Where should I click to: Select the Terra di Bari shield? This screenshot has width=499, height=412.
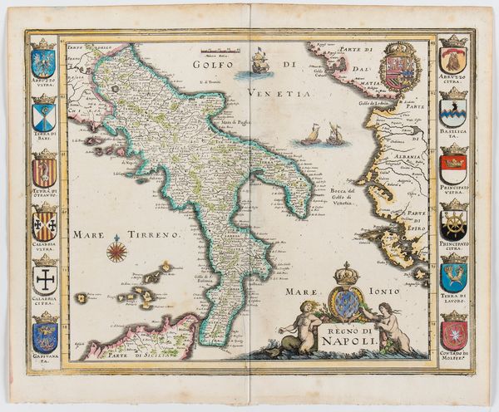[x=44, y=115]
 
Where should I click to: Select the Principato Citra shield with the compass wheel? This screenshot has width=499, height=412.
[x=453, y=224]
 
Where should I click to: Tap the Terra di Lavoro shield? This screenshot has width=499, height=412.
[x=453, y=277]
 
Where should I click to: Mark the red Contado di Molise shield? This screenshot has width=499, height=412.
[x=453, y=335]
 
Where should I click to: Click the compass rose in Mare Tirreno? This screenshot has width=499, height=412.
[x=116, y=248]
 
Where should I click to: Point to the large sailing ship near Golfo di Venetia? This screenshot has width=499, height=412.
[x=259, y=63]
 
